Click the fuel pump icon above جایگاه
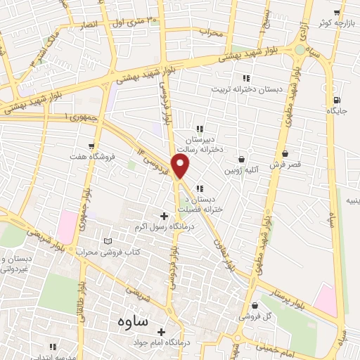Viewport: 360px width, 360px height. coord(338,100)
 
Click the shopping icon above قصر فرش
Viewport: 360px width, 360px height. coord(285,153)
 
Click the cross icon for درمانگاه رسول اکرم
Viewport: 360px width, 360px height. coord(165,216)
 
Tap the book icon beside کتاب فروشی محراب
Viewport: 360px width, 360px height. coord(108,241)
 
